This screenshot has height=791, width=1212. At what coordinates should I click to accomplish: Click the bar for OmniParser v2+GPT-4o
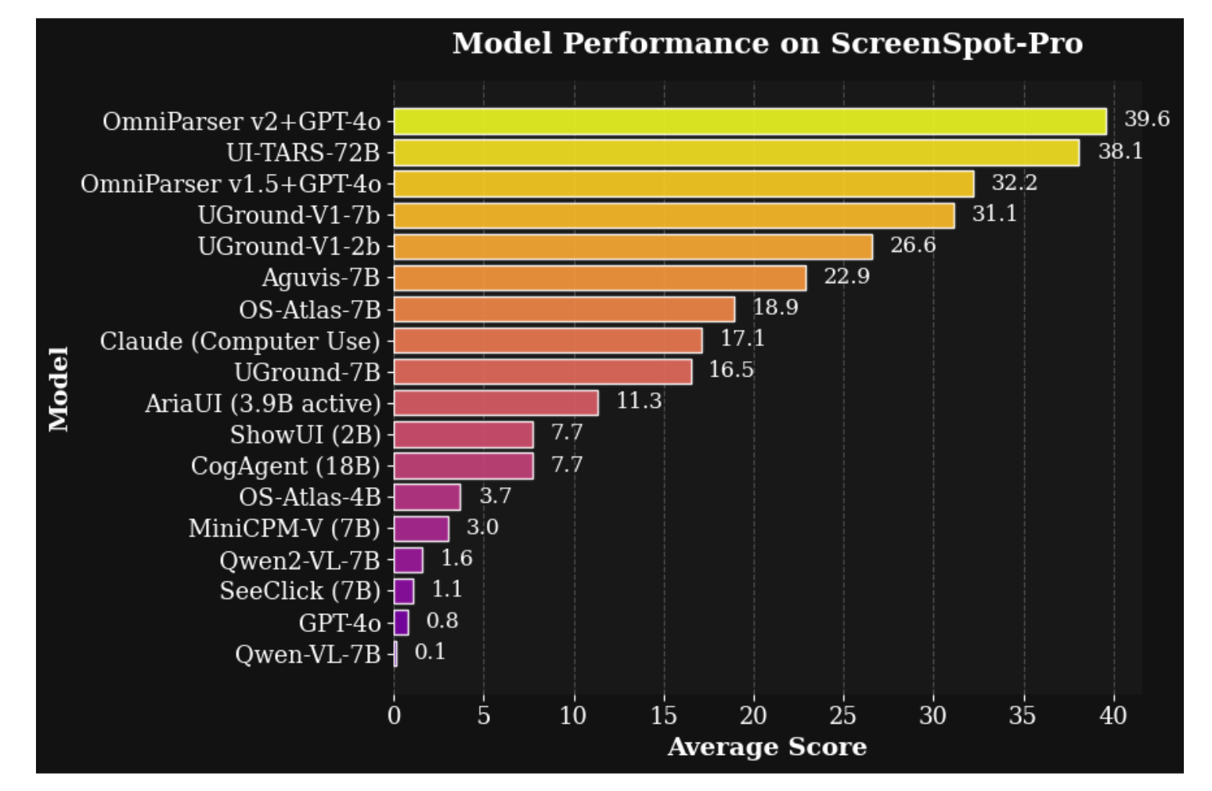point(749,121)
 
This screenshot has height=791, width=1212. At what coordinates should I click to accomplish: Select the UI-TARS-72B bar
point(736,153)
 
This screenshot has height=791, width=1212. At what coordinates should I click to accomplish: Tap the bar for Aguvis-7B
point(600,278)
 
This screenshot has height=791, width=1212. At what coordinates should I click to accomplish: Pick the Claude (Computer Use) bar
point(548,341)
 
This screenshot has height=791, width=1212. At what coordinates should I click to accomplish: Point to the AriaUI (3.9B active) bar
point(496,403)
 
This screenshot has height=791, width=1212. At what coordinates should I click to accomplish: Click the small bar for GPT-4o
point(401,623)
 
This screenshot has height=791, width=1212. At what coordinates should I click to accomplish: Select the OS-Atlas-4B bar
point(427,497)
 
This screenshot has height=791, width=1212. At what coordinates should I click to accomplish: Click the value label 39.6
point(1146,119)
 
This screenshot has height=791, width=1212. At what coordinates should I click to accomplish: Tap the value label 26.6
point(913,245)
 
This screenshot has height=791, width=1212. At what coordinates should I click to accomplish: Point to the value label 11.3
point(639,401)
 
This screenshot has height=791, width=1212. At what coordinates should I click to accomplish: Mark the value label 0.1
point(430,652)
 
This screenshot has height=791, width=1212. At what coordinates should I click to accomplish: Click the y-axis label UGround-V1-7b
point(288,215)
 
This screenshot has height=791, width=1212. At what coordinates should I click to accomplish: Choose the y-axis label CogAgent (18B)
point(285,466)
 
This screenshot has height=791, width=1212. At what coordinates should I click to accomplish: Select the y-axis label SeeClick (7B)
point(300,591)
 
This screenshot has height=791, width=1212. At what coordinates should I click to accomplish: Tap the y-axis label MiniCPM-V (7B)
point(284,529)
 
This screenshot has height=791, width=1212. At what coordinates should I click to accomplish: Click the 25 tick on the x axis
point(843,715)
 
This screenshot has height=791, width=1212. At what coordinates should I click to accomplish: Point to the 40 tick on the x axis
point(1113,715)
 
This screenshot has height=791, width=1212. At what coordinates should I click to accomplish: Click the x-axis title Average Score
point(767,747)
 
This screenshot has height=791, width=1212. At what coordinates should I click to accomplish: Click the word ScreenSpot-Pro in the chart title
point(956,44)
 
